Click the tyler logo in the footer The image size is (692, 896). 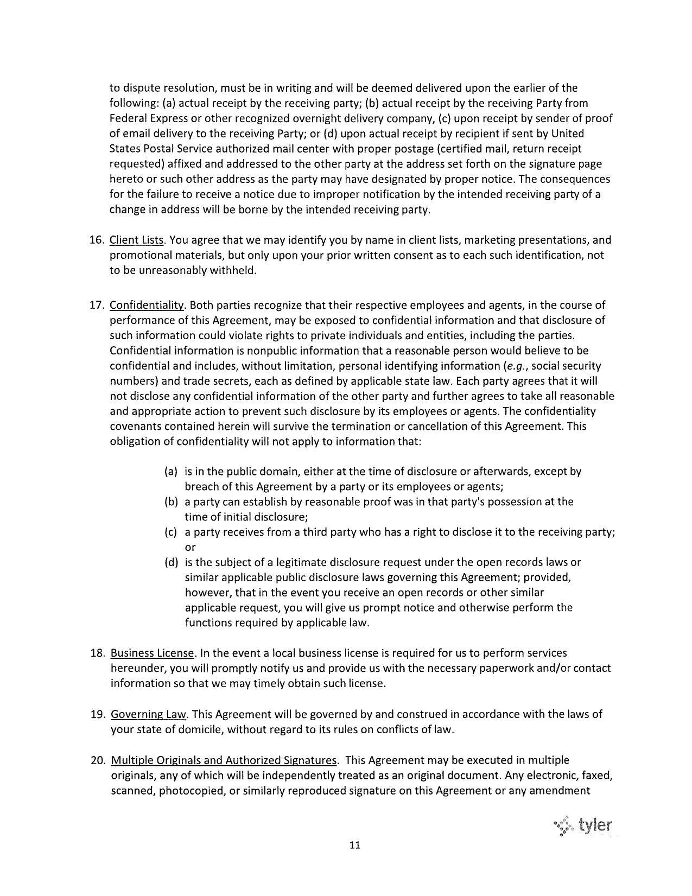click(x=583, y=827)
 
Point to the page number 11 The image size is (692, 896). click(x=355, y=845)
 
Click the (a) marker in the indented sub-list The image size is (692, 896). click(x=171, y=472)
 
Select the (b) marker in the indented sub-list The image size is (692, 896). click(x=171, y=502)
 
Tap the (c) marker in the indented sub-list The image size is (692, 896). click(x=171, y=532)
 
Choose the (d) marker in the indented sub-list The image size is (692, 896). click(x=171, y=562)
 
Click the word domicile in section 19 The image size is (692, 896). click(x=201, y=729)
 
